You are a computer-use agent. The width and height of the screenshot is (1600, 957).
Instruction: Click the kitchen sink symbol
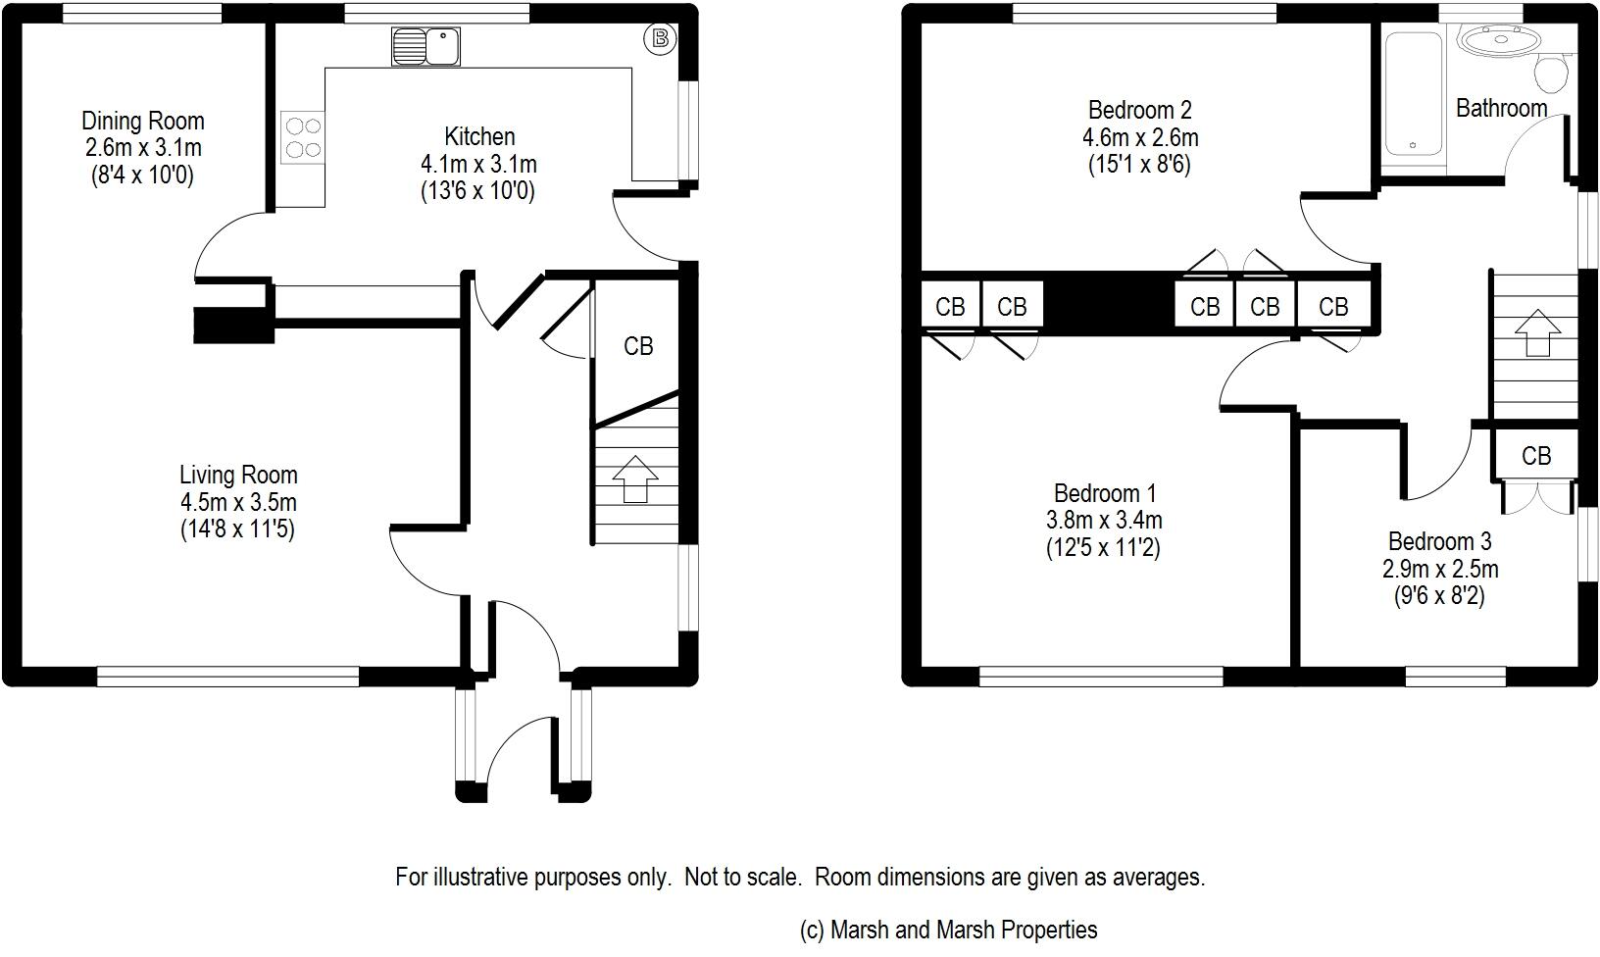coord(425,46)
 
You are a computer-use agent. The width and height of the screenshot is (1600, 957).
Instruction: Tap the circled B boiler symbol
coord(660,39)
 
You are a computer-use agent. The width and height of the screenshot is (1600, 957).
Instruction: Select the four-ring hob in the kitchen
coord(302,138)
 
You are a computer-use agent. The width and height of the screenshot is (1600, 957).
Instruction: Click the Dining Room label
coord(143,122)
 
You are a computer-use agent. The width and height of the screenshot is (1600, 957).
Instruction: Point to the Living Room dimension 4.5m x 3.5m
coord(238,503)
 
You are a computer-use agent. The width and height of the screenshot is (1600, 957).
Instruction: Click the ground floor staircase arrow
coord(635,478)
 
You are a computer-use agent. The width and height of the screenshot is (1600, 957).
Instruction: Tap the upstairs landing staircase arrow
coord(1536,333)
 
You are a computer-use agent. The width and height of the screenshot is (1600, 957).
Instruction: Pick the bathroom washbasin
coord(1499,42)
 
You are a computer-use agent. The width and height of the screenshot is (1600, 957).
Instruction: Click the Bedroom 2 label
coord(1140,110)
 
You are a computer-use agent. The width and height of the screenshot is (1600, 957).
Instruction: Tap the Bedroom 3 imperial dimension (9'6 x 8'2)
coord(1439,596)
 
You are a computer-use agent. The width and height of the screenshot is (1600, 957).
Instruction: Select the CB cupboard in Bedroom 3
coord(1536,456)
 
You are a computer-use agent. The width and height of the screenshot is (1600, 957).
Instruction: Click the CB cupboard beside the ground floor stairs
coord(638,346)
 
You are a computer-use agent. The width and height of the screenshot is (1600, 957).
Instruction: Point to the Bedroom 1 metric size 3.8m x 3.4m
coord(1104,521)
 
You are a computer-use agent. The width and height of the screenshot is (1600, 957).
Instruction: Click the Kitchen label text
coord(479,136)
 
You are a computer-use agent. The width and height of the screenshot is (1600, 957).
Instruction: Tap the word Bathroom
coord(1501,108)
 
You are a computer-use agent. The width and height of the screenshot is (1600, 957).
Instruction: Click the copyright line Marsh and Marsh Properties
coord(949,930)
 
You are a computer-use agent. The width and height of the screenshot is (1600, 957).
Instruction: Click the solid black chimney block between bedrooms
coord(1109,305)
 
